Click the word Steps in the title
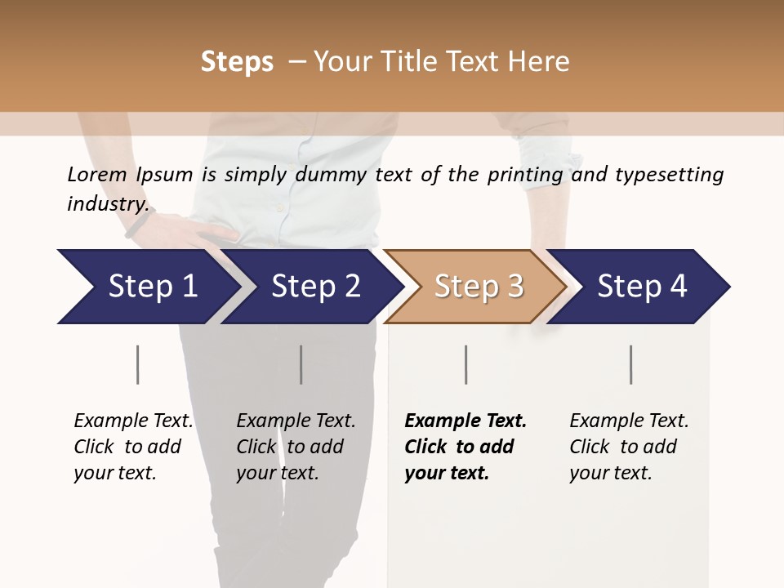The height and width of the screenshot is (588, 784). [x=237, y=62]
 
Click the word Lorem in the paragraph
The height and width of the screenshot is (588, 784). [x=96, y=174]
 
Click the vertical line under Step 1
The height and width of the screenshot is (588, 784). [x=137, y=364]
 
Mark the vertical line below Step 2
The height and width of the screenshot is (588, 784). [x=301, y=364]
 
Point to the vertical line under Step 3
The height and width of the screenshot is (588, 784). [x=465, y=364]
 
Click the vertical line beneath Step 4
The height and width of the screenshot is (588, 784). [x=630, y=364]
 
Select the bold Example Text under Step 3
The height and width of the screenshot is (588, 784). [x=465, y=447]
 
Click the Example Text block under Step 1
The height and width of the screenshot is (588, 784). [x=133, y=447]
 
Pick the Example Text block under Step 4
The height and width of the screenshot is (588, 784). [x=629, y=447]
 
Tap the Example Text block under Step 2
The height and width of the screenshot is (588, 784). [x=296, y=447]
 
